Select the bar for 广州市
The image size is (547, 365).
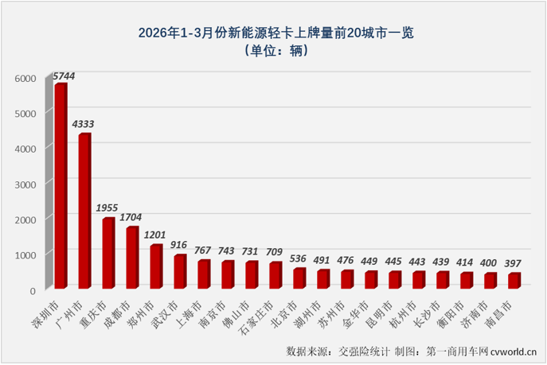point(84,211)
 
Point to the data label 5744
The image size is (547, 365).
point(64,76)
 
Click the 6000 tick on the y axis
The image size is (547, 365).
point(25,79)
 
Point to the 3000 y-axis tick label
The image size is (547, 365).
point(25,184)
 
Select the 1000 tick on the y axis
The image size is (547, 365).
point(25,254)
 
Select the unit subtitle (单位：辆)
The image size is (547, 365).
point(274,51)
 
